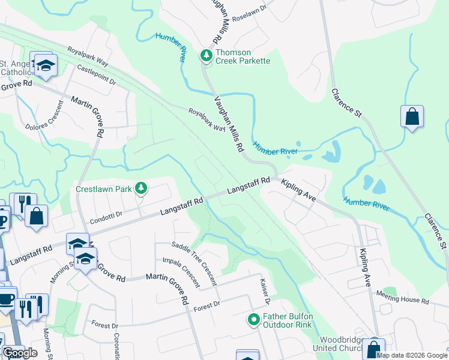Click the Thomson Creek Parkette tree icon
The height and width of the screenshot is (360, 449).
coord(206,56)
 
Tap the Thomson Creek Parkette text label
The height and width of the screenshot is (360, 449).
coord(243,56)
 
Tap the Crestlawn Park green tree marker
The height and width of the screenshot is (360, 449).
coord(141,188)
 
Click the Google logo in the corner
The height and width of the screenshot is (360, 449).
coord(20,353)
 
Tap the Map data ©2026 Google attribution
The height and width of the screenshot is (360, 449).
coord(412,355)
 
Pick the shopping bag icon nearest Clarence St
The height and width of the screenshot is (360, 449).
coord(412,116)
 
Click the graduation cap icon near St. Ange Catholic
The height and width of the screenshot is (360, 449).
coord(45,65)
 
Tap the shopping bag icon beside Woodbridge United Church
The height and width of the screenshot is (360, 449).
coord(373,348)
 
